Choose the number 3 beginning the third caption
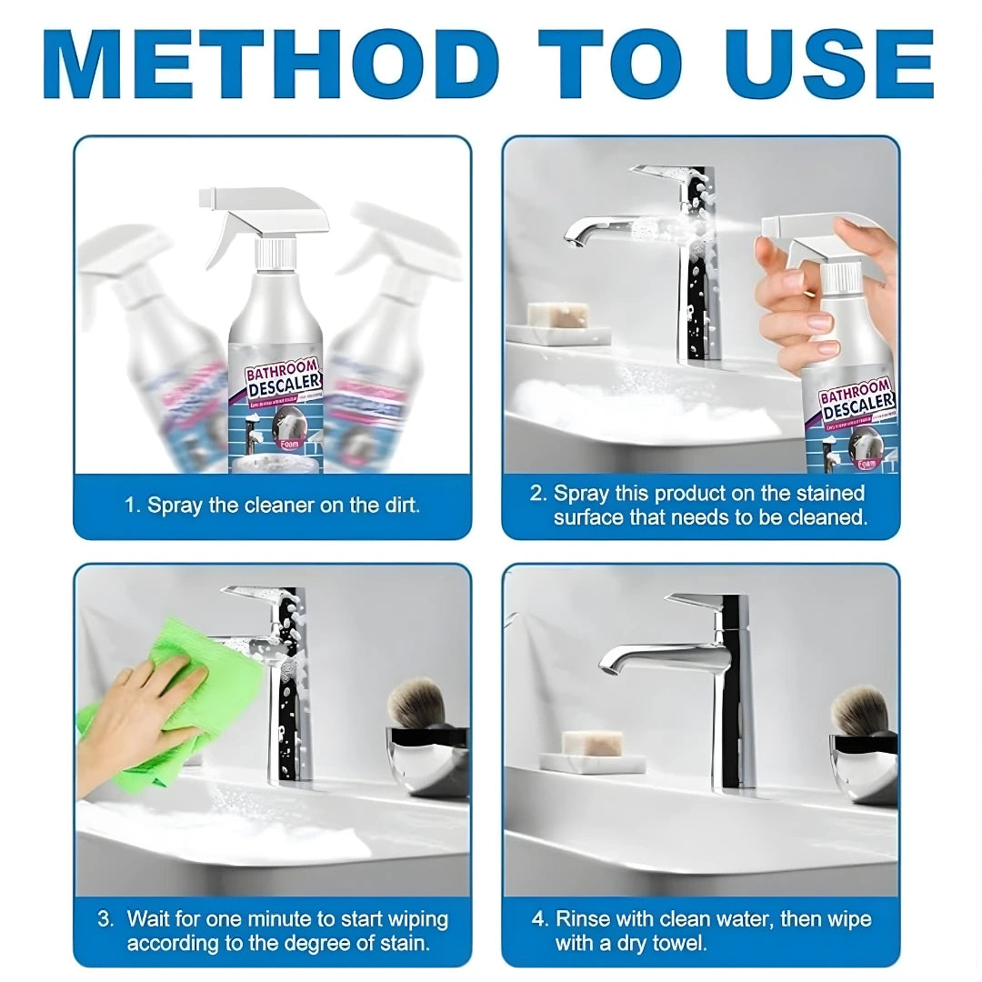(x=104, y=919)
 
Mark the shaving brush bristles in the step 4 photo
(x=858, y=709)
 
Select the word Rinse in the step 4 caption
(x=584, y=919)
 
